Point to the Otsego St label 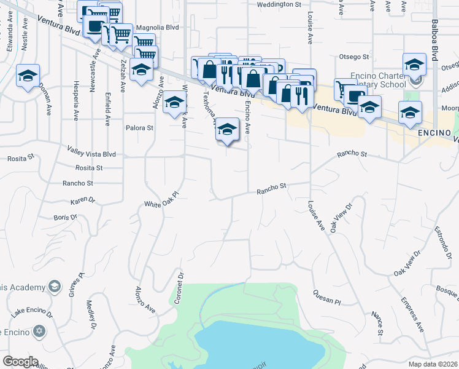(x=354, y=57)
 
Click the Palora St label (x=139, y=128)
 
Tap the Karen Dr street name (x=83, y=200)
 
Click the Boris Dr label (x=65, y=217)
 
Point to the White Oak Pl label (x=161, y=199)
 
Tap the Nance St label (x=377, y=323)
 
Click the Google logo (x=20, y=362)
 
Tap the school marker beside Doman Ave (x=28, y=76)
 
